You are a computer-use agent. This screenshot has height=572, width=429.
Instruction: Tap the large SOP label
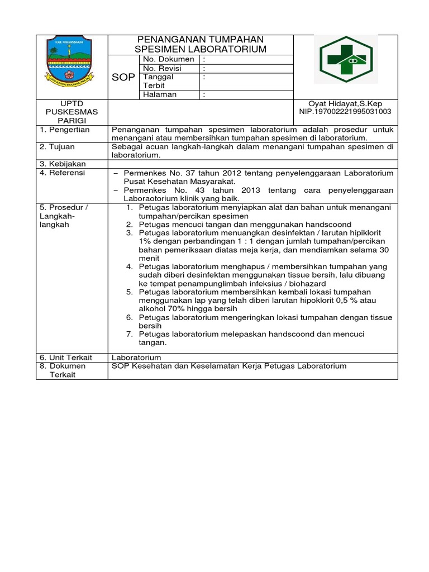point(123,78)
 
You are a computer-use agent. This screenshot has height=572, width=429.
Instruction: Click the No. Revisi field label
point(163,68)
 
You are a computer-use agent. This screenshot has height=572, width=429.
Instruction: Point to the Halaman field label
point(160,94)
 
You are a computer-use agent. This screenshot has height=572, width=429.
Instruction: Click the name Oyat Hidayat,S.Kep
point(345,103)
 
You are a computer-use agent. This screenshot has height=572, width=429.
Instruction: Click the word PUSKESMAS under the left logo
point(71,112)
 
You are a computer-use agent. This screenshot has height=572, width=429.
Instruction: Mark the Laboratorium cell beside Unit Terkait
point(136,357)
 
